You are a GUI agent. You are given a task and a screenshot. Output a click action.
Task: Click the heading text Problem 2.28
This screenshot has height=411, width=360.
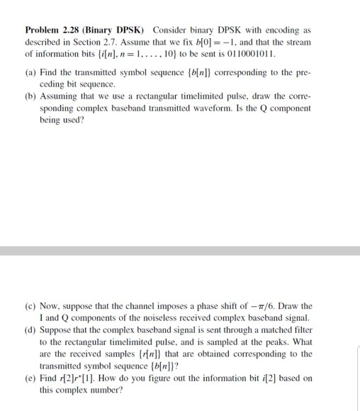[x=52, y=31]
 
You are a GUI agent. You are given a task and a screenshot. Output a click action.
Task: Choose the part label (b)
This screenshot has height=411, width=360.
[x=31, y=96]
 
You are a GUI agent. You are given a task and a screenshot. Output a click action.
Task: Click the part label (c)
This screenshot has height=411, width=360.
[x=30, y=305]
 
